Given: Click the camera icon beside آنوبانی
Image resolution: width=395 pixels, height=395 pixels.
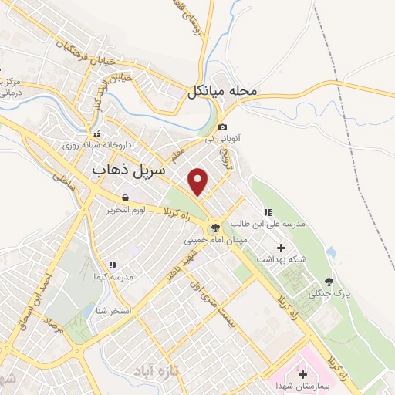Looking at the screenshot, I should (x=222, y=127).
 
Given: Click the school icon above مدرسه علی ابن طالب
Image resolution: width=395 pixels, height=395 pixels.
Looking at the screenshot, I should (x=268, y=212).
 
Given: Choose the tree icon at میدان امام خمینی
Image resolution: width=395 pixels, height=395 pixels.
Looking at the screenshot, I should (x=214, y=228).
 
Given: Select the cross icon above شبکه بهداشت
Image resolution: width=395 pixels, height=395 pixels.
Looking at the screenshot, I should (x=281, y=248).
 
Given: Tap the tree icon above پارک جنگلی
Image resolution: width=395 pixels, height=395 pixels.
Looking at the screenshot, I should (x=329, y=282).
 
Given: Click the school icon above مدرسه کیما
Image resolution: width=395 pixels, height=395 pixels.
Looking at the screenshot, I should (x=113, y=264).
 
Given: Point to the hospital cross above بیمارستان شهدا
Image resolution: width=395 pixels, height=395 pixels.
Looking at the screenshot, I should (x=302, y=373).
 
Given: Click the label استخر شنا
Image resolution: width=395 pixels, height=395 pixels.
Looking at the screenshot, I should (x=115, y=310).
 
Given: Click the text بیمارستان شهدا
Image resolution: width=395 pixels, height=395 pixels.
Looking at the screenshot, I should (x=302, y=385).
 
